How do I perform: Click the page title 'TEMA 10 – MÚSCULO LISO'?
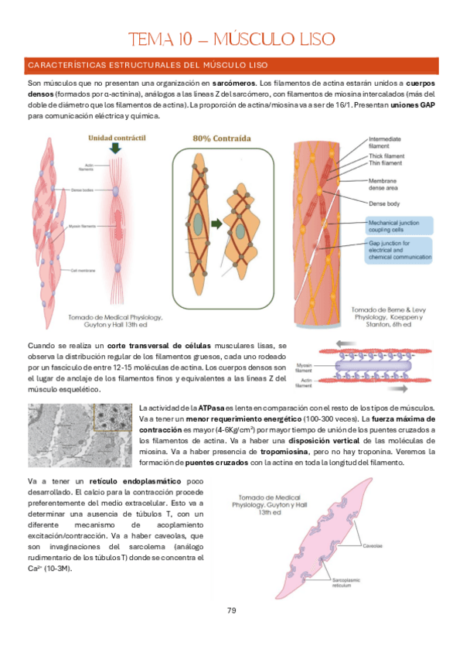(231, 39)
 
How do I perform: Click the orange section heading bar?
(231, 66)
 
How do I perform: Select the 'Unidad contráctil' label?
(117, 138)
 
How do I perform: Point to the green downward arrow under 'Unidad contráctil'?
(115, 149)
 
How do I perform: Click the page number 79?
(231, 611)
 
